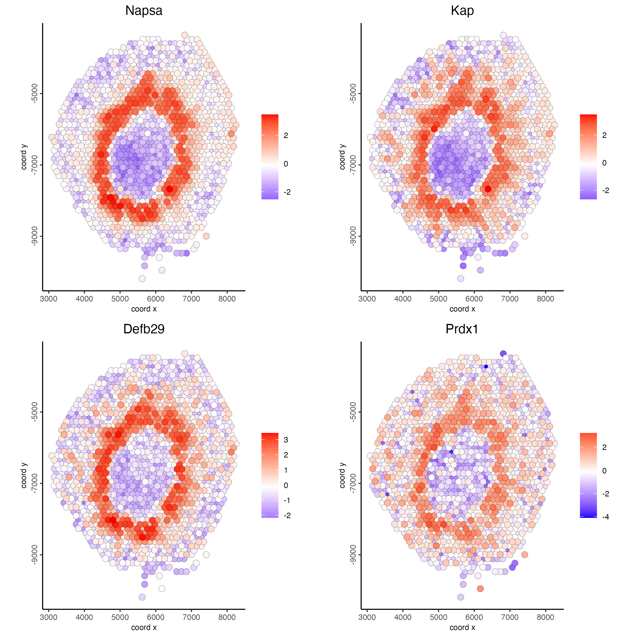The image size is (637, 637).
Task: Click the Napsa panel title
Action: [144, 11]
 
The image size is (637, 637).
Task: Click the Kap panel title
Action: [462, 11]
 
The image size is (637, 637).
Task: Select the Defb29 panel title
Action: [144, 329]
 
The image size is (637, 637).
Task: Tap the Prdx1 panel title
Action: [462, 329]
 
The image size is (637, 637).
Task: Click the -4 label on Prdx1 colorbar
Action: [606, 517]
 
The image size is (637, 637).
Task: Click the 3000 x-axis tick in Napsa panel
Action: [48, 299]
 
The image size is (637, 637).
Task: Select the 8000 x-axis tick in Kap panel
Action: [545, 299]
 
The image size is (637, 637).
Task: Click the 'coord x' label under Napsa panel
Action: [144, 309]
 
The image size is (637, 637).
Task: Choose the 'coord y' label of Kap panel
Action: [342, 157]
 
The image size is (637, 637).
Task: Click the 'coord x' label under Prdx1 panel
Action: [462, 627]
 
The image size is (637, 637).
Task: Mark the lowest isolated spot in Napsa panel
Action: [142, 279]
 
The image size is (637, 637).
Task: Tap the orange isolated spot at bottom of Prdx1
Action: [480, 589]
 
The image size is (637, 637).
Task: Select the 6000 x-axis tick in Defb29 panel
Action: [155, 617]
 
